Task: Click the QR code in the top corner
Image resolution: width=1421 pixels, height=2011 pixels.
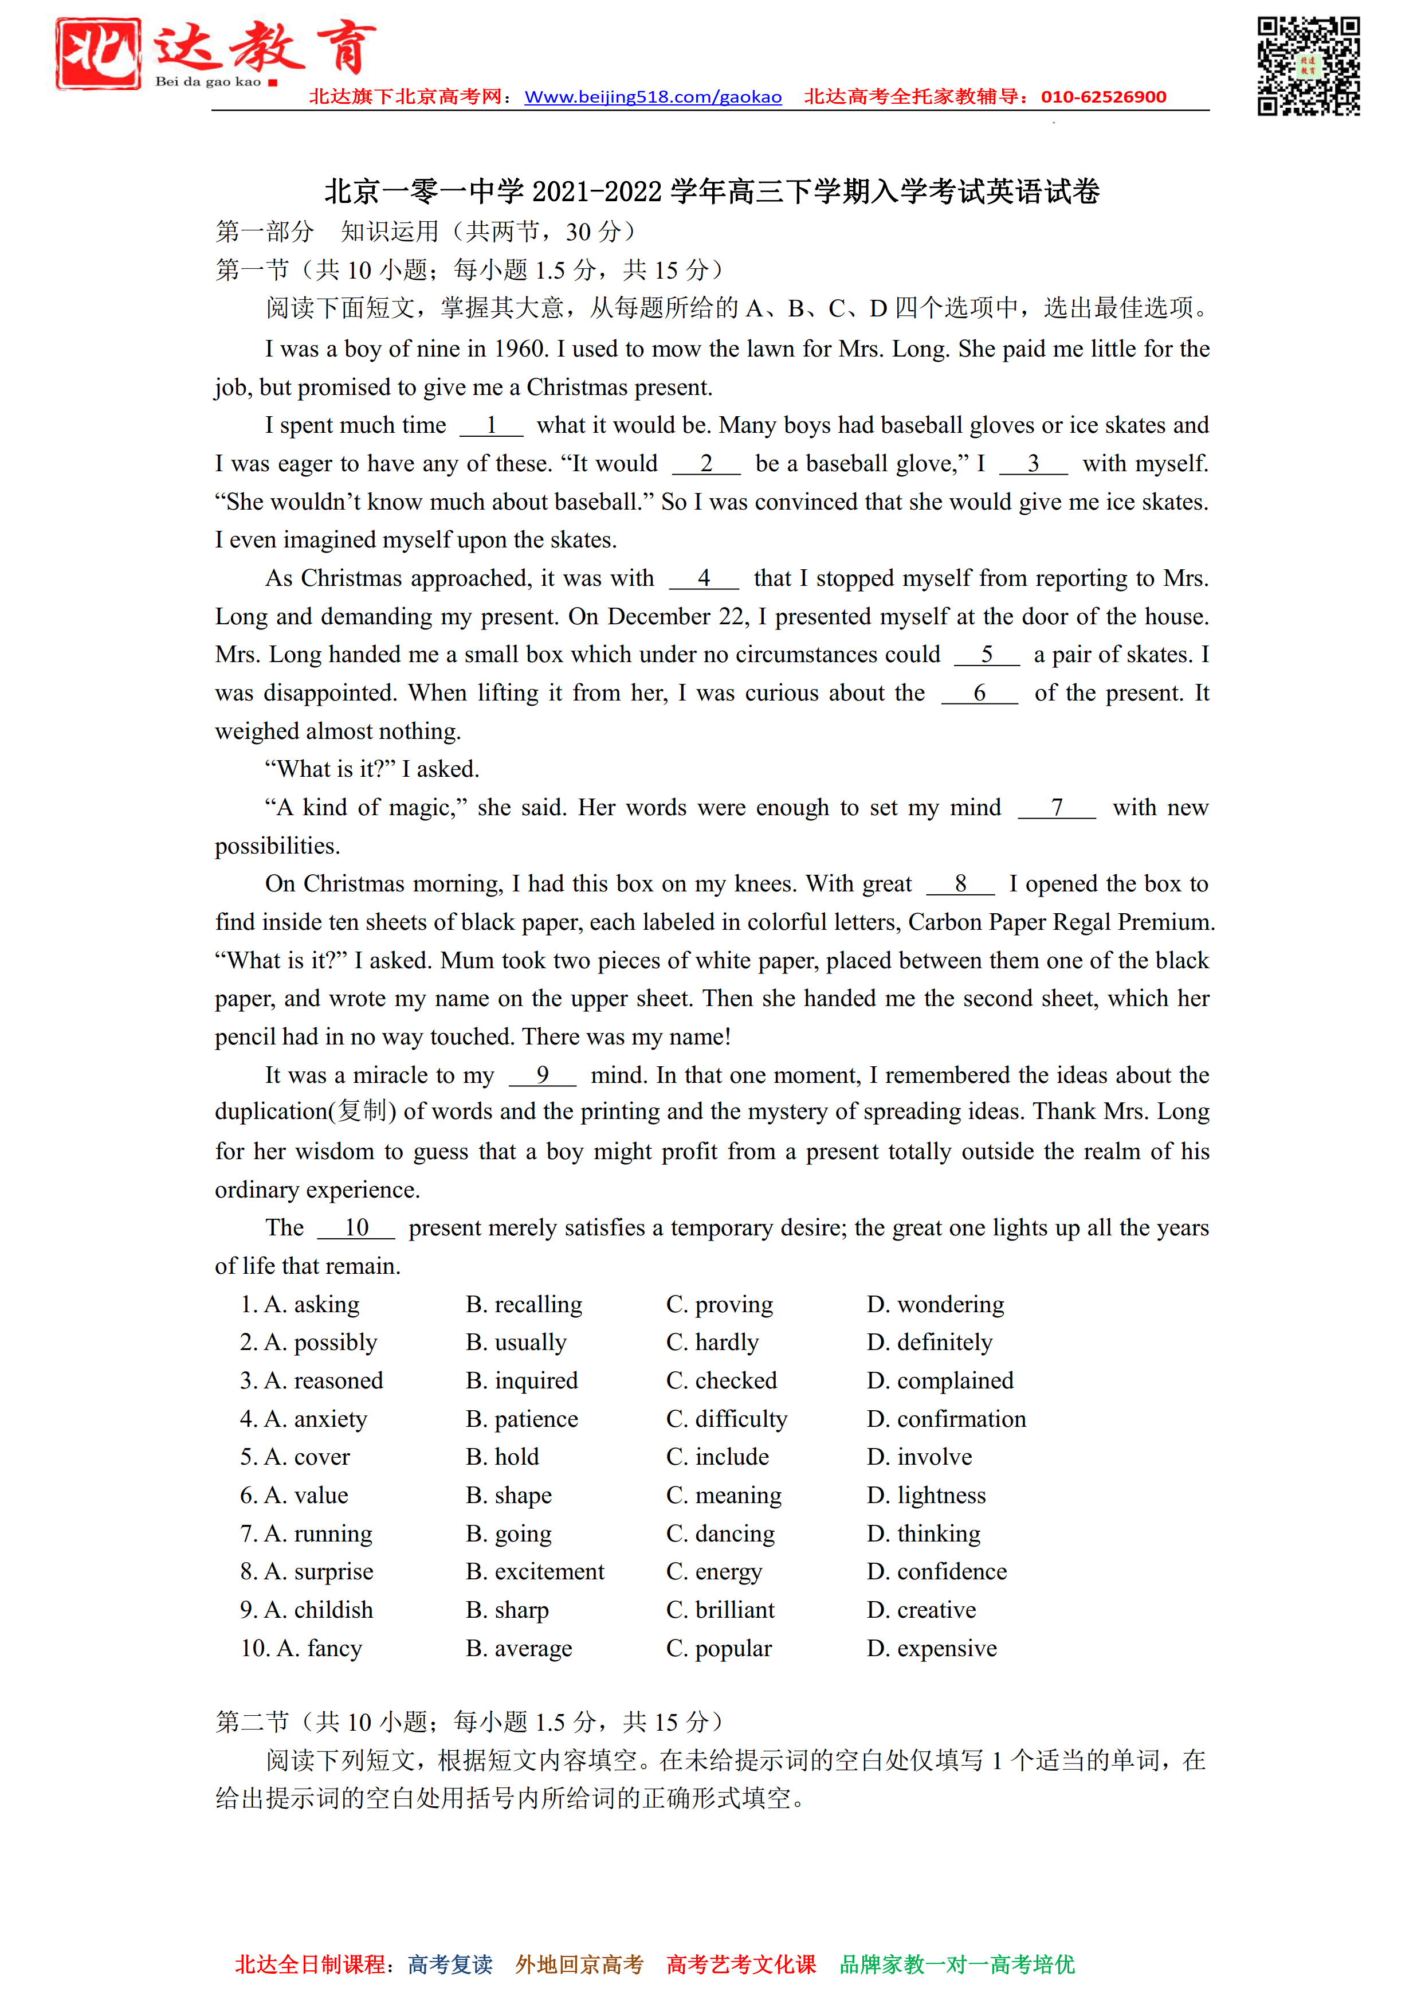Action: pyautogui.click(x=1308, y=66)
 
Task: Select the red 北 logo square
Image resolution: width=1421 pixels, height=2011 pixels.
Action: pyautogui.click(x=98, y=53)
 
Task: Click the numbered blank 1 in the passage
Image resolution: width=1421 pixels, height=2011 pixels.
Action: pyautogui.click(x=491, y=426)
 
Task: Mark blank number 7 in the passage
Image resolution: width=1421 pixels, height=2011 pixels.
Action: pyautogui.click(x=1057, y=808)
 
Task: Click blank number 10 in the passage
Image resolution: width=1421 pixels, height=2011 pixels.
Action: pyautogui.click(x=356, y=1228)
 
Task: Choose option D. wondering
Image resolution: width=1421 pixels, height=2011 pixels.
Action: pyautogui.click(x=935, y=1305)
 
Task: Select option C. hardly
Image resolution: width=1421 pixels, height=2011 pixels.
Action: pyautogui.click(x=712, y=1343)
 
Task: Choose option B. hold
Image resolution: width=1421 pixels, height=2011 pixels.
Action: pyautogui.click(x=503, y=1457)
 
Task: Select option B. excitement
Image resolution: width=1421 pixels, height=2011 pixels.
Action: pyautogui.click(x=535, y=1572)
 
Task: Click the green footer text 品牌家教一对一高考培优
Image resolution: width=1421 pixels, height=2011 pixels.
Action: pyautogui.click(x=957, y=1965)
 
